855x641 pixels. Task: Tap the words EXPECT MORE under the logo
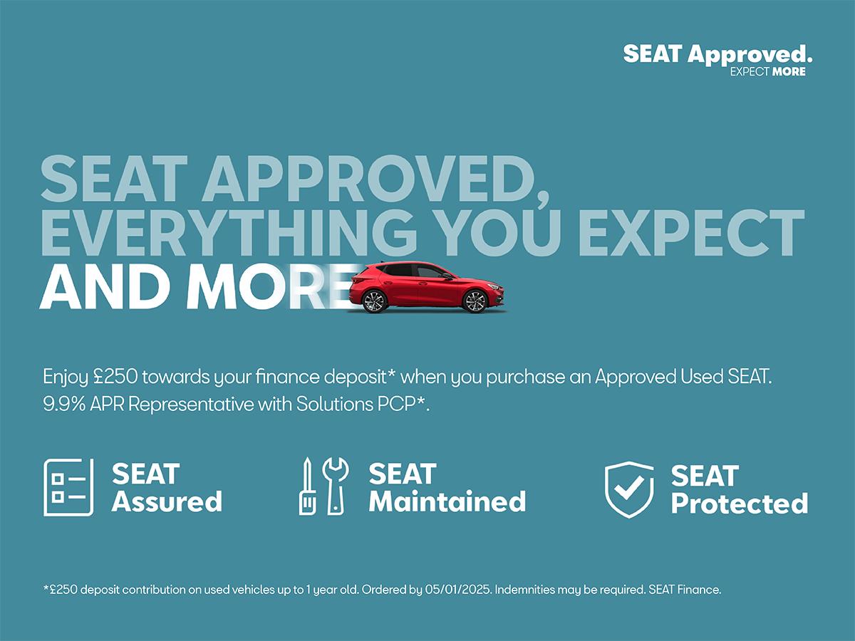pyautogui.click(x=768, y=72)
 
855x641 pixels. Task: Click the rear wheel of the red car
pyautogui.click(x=374, y=301)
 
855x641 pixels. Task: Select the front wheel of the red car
pyautogui.click(x=475, y=301)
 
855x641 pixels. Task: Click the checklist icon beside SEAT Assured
pyautogui.click(x=68, y=487)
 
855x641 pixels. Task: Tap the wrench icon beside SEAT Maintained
pyautogui.click(x=336, y=486)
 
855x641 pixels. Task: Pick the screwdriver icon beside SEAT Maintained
pyautogui.click(x=307, y=486)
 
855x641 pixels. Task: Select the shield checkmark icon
pyautogui.click(x=629, y=489)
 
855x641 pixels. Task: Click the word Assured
pyautogui.click(x=167, y=501)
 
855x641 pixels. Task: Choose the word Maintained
pyautogui.click(x=447, y=501)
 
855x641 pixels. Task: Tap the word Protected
pyautogui.click(x=740, y=504)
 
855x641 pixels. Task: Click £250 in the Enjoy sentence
pyautogui.click(x=115, y=376)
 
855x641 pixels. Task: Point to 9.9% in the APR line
pyautogui.click(x=64, y=405)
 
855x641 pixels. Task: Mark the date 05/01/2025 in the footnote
pyautogui.click(x=457, y=590)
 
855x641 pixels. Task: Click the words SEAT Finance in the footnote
pyautogui.click(x=685, y=590)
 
